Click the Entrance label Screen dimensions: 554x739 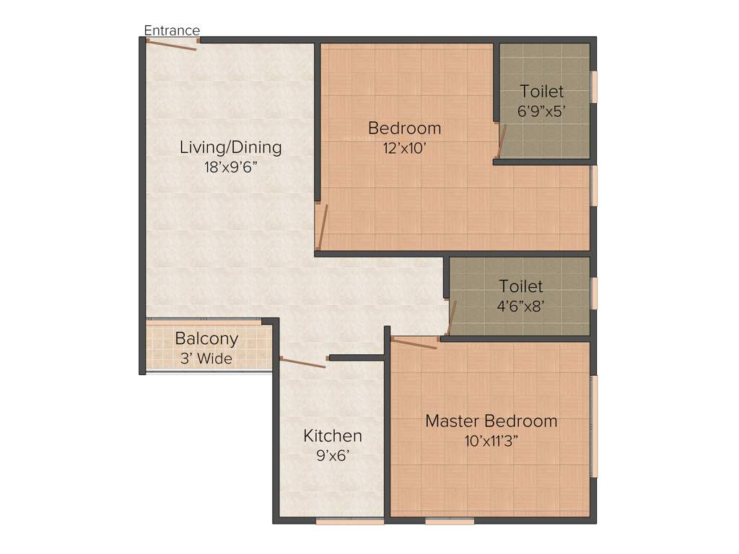[x=172, y=30]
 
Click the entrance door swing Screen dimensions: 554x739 [x=172, y=43]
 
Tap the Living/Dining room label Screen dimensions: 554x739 [x=230, y=148]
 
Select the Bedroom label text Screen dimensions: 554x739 [x=404, y=128]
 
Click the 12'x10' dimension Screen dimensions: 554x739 [x=404, y=148]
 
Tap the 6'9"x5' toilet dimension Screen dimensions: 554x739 [x=541, y=112]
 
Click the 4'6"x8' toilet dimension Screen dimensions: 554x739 [x=520, y=306]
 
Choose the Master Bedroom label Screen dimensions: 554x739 [x=491, y=421]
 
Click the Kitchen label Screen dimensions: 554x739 [x=332, y=436]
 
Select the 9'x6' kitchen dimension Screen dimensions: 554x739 [x=332, y=455]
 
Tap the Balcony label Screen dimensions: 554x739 [x=206, y=338]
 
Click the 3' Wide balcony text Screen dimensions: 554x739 [x=206, y=357]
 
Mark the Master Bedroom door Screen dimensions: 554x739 [x=414, y=342]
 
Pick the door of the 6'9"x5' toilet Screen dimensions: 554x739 [x=502, y=141]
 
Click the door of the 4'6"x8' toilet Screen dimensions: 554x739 [x=451, y=318]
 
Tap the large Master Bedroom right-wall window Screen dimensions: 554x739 [x=594, y=426]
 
